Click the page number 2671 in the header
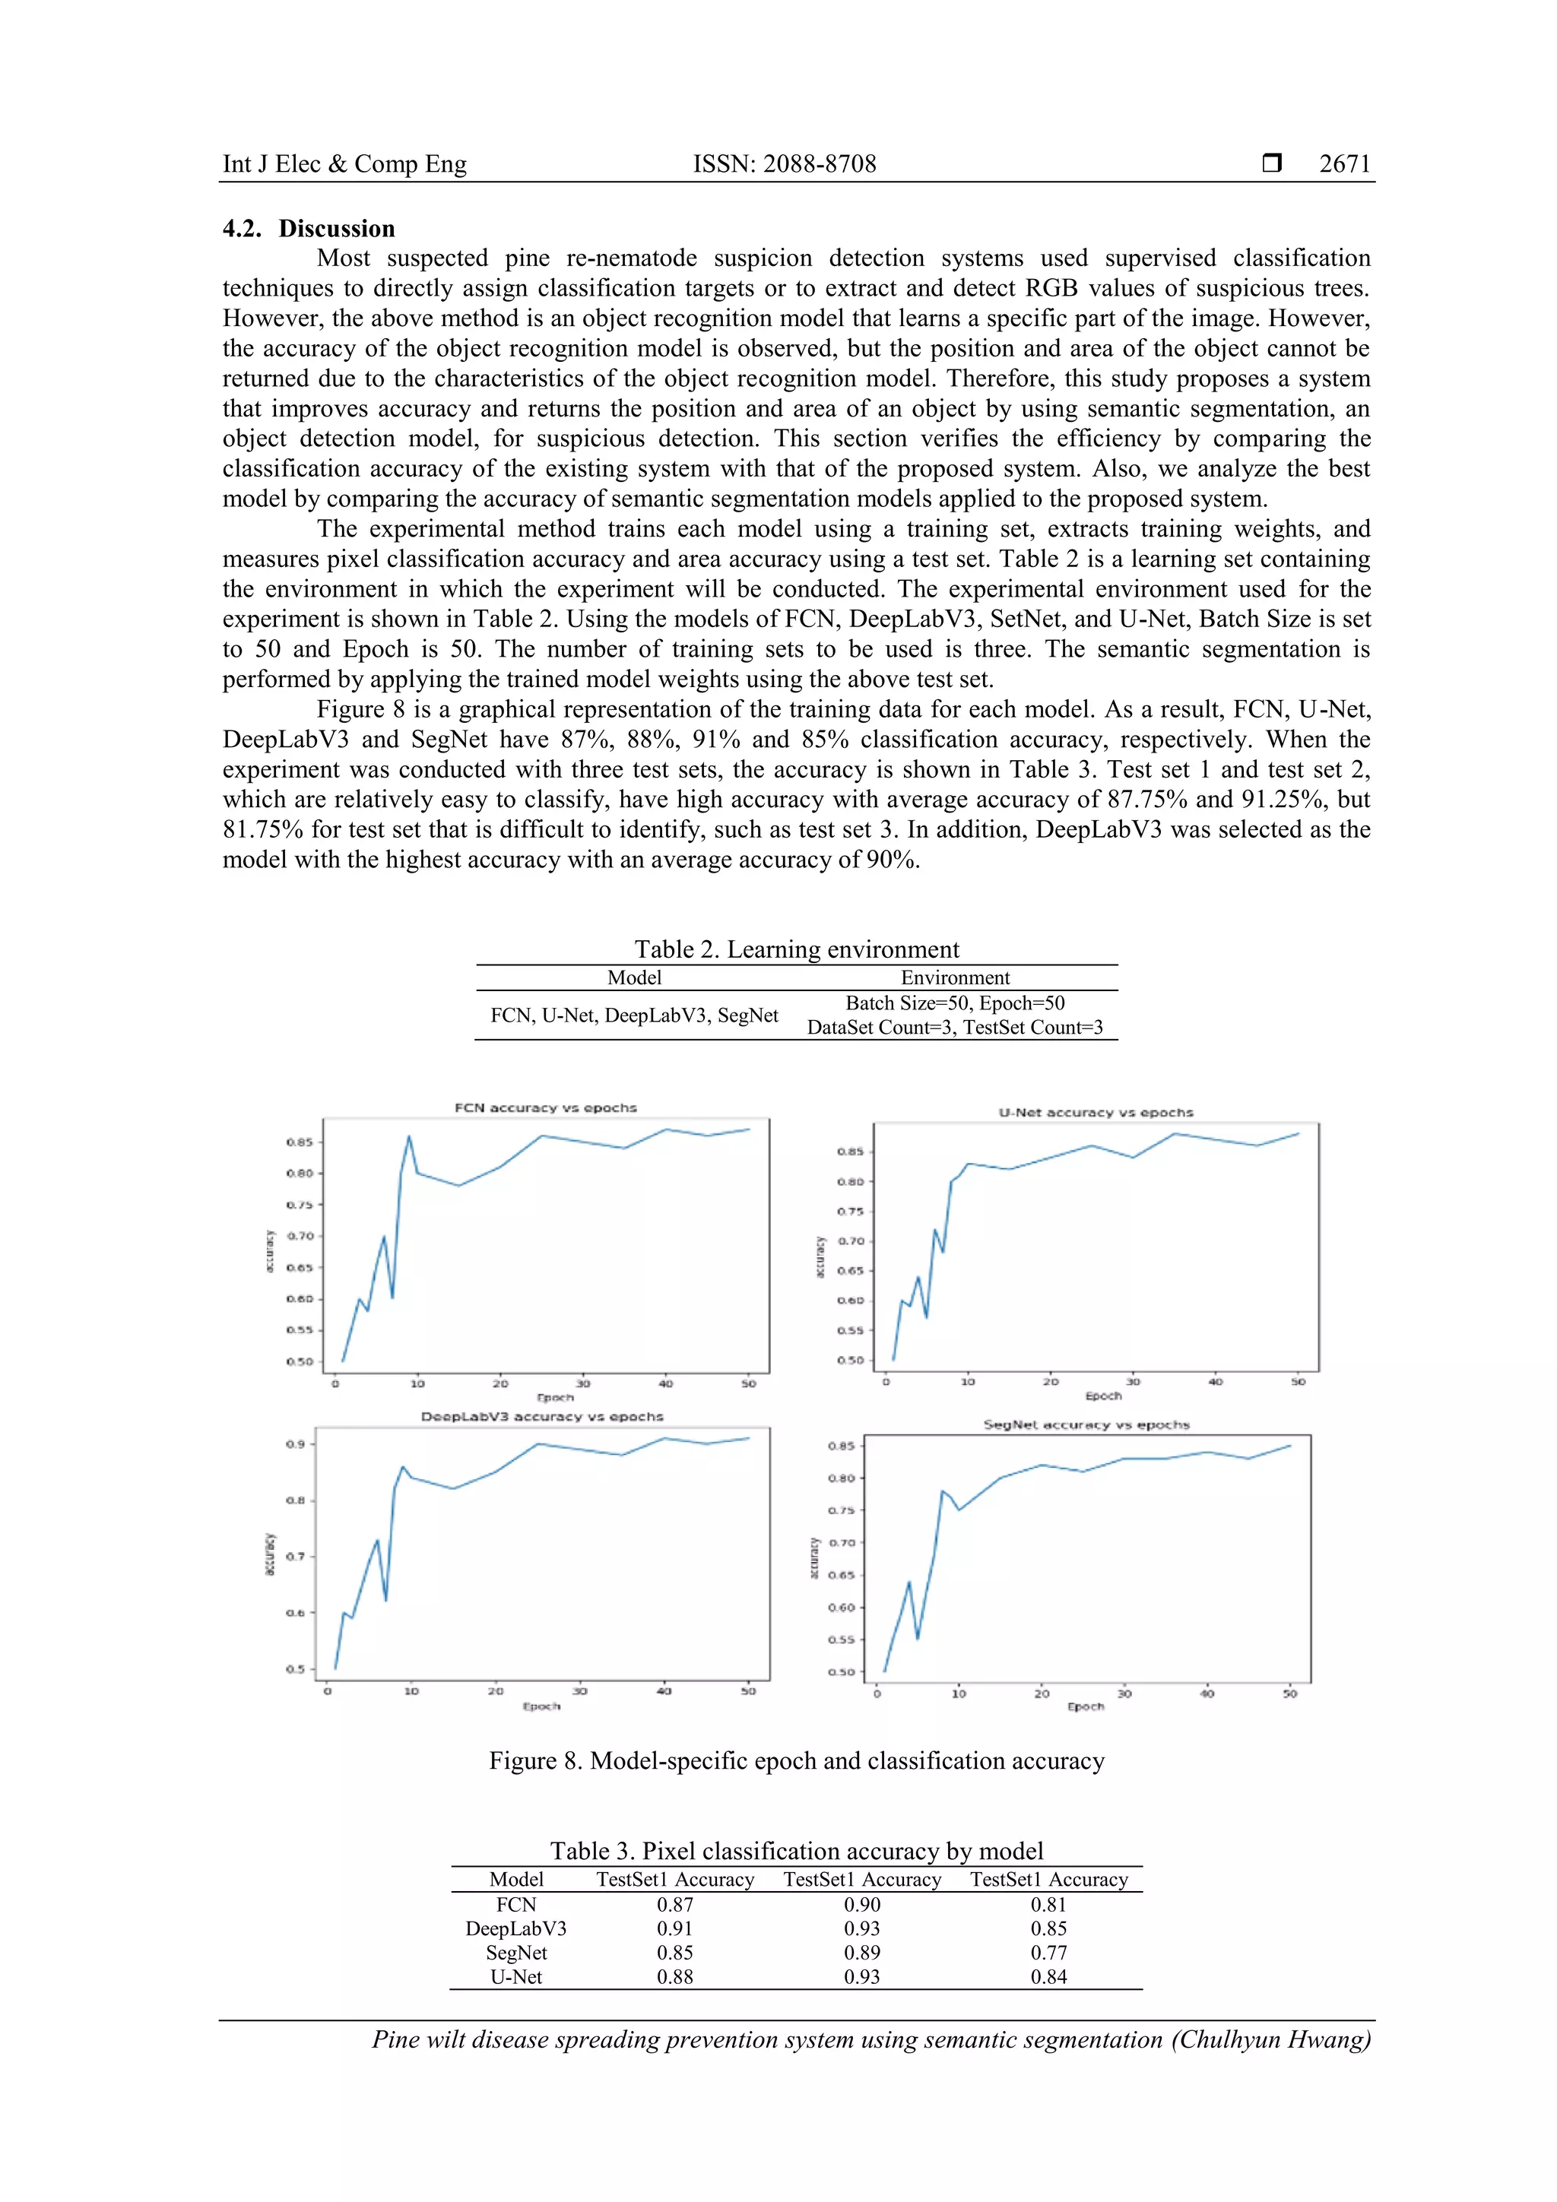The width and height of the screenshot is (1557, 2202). click(x=1344, y=164)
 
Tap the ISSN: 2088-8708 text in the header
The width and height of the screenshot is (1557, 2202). click(x=784, y=164)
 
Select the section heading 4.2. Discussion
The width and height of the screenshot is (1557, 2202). click(x=309, y=228)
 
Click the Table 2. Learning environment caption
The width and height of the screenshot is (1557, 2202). click(x=796, y=949)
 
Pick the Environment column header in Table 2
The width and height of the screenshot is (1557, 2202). click(x=955, y=977)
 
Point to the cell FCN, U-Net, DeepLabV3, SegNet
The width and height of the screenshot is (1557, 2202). click(x=634, y=1015)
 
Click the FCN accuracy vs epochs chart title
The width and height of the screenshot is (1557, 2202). click(x=545, y=1107)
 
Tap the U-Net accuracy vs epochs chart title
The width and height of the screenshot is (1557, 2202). click(x=1096, y=1113)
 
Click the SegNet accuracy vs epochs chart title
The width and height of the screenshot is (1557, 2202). click(x=1086, y=1424)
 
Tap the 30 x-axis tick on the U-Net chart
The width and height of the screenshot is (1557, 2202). click(x=1133, y=1382)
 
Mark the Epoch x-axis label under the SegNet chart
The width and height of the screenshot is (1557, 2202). click(x=1085, y=1706)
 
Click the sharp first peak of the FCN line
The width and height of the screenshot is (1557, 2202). click(x=409, y=1137)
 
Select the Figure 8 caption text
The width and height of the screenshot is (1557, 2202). click(x=796, y=1761)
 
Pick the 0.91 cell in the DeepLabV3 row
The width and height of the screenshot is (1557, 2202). click(x=674, y=1928)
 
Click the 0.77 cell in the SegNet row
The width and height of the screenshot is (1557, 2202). click(x=1048, y=1952)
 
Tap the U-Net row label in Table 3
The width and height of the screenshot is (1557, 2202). click(x=516, y=1975)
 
